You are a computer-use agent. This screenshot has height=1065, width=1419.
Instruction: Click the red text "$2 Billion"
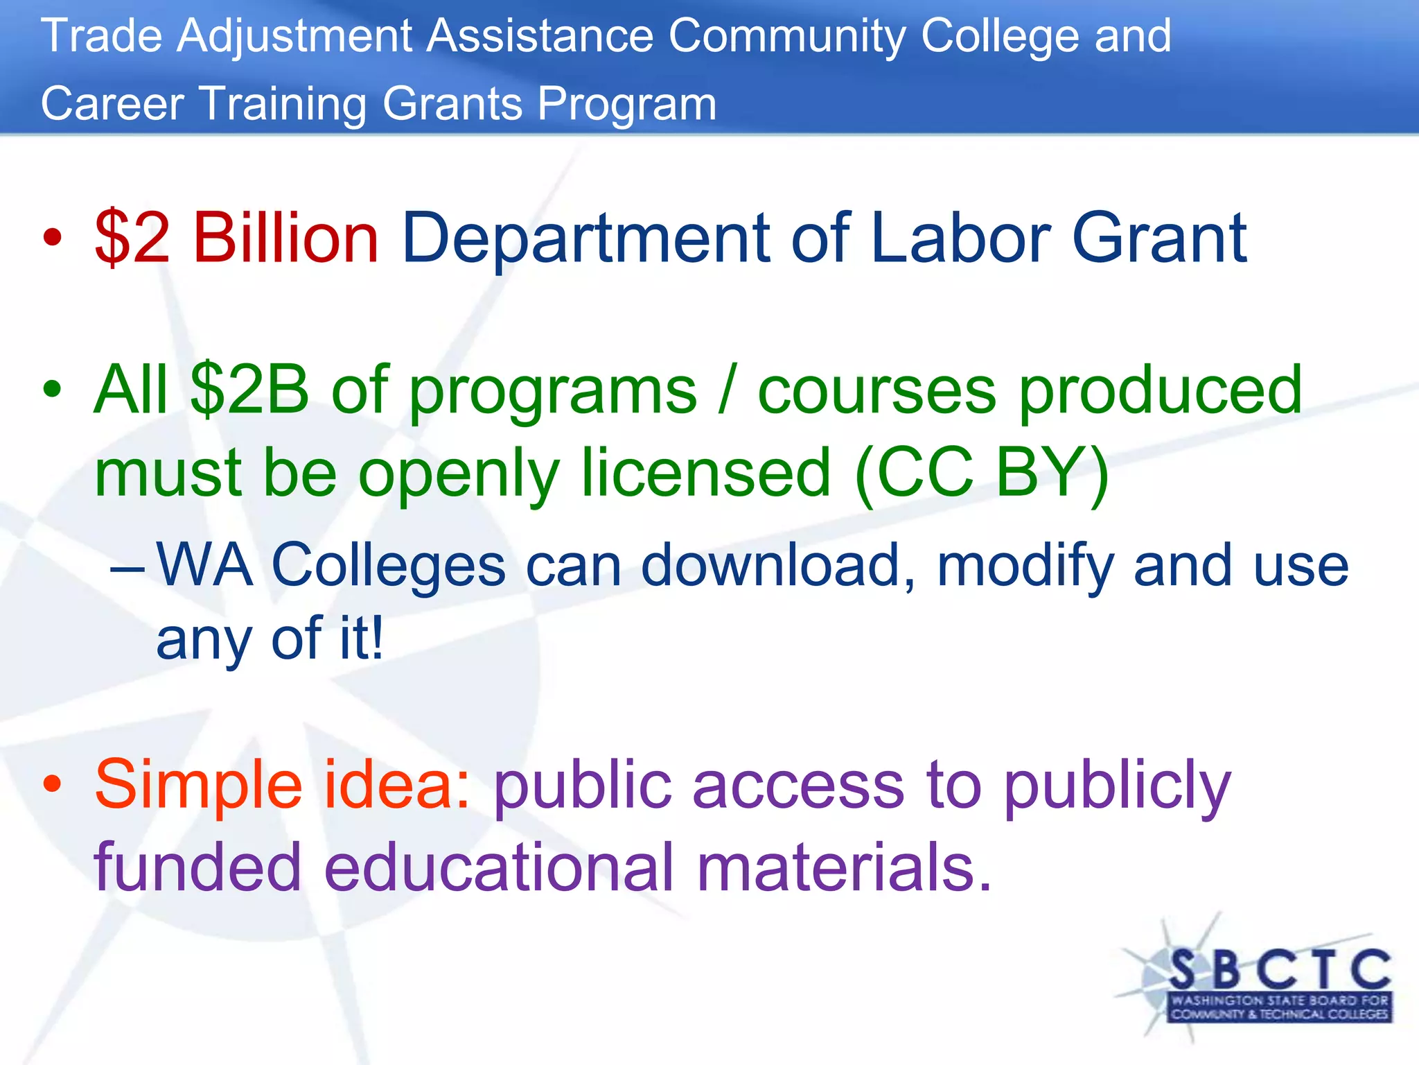[236, 238]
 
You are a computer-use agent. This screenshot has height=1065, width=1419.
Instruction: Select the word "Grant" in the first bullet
[1159, 238]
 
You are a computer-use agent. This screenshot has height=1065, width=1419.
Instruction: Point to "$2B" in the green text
[249, 390]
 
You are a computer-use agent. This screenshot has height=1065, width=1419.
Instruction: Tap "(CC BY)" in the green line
[982, 474]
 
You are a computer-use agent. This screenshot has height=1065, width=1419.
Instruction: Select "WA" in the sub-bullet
[204, 565]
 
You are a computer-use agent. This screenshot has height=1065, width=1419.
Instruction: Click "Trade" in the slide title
[101, 36]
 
